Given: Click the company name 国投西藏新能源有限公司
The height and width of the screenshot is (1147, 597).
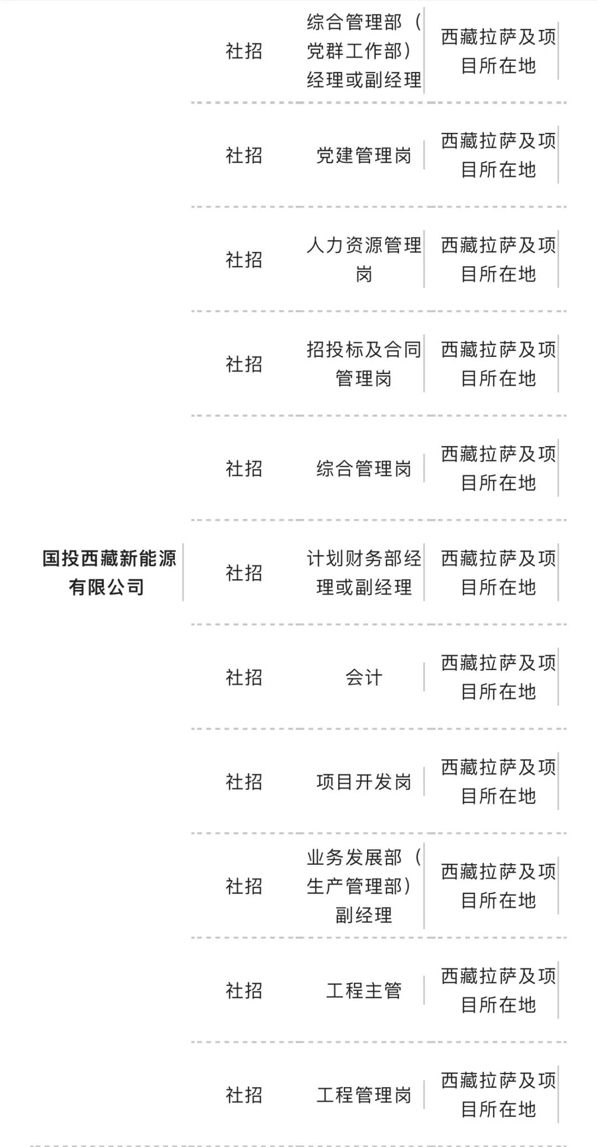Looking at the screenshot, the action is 109,573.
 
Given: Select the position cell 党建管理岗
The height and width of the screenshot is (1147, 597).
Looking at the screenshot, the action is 364,155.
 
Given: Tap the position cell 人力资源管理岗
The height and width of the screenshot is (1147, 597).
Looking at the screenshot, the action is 364,259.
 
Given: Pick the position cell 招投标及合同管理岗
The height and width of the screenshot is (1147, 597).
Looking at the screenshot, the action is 364,364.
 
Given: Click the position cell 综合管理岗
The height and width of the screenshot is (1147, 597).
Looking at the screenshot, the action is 364,469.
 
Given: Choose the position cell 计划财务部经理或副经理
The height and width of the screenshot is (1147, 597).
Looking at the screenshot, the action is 364,573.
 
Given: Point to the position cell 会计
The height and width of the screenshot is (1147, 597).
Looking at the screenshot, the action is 364,677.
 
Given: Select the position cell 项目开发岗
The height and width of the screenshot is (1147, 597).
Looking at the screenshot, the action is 364,782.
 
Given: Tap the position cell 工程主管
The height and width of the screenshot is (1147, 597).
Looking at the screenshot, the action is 364,990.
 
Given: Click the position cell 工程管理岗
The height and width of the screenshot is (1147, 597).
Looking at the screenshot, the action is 364,1095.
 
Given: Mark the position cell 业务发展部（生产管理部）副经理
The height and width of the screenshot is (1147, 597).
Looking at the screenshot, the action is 364,886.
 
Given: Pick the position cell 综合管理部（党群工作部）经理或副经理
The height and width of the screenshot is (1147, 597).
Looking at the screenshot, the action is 364,51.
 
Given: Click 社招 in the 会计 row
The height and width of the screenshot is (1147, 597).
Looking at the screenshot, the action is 243,677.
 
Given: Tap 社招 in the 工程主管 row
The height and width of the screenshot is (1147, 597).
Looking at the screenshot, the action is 243,990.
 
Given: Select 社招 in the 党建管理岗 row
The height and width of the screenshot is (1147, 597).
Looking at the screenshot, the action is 243,155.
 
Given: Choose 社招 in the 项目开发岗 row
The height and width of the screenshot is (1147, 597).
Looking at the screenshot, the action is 243,782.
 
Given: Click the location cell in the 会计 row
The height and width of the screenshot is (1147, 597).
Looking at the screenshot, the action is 498,677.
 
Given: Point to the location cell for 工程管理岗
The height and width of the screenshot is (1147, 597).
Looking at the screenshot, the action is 498,1095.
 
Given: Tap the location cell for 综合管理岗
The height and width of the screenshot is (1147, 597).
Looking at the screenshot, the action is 498,469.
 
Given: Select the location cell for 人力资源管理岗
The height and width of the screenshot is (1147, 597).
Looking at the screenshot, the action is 498,259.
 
